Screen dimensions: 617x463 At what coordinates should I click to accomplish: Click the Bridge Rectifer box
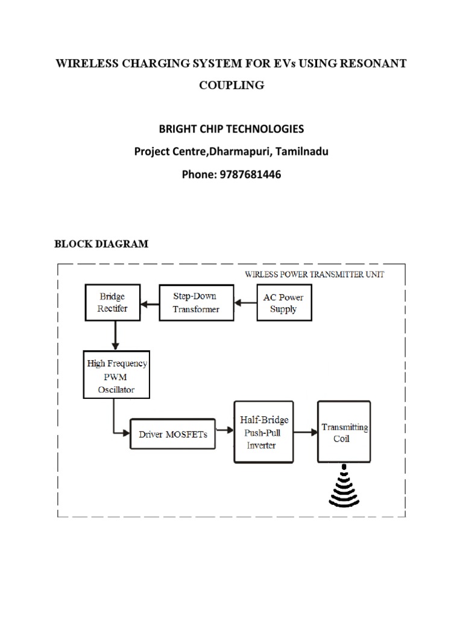click(113, 303)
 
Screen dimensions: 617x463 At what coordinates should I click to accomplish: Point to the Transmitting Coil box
click(344, 431)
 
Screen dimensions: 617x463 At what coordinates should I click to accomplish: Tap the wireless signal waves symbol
click(344, 487)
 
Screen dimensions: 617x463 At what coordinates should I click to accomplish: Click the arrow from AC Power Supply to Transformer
click(245, 303)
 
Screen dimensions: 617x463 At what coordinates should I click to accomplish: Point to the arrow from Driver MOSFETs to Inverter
click(224, 430)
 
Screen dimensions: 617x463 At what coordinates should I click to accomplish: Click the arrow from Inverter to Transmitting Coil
click(306, 431)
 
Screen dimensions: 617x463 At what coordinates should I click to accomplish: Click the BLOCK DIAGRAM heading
click(101, 244)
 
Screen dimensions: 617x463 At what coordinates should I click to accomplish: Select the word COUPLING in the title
click(231, 85)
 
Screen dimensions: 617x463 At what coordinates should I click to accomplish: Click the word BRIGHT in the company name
click(179, 130)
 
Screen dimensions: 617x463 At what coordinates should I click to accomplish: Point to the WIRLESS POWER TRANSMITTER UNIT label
click(314, 274)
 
